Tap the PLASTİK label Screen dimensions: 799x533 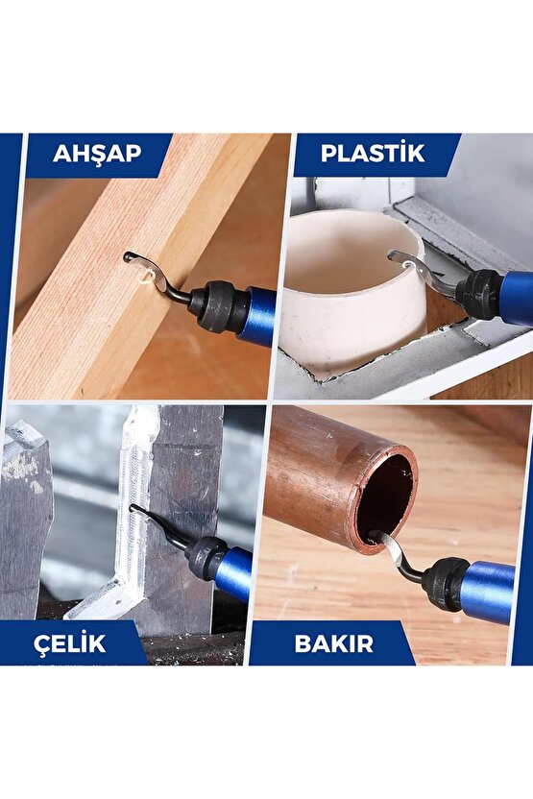point(373,154)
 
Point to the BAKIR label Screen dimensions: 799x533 point(333,642)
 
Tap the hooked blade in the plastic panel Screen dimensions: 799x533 point(418,267)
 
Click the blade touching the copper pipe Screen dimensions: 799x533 point(395,553)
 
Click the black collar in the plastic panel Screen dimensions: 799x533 point(480,291)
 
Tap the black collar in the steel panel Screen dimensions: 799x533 point(206,557)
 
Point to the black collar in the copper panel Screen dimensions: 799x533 point(446,582)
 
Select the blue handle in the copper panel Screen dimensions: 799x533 point(487,592)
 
